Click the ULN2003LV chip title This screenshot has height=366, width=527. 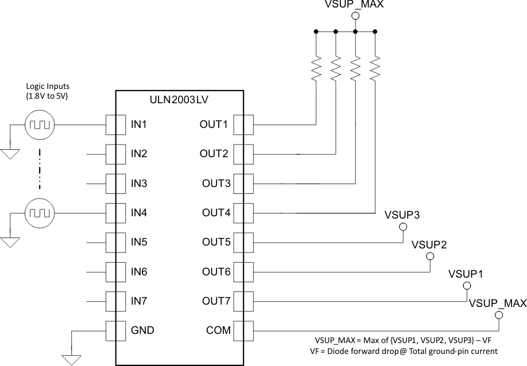(x=179, y=99)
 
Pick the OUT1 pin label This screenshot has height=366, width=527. (x=214, y=123)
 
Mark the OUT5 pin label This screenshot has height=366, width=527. (x=215, y=242)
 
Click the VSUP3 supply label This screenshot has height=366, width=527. (x=402, y=215)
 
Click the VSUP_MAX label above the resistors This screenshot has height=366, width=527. (x=354, y=5)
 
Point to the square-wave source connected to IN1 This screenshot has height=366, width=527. (x=40, y=124)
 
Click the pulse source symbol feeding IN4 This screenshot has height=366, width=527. (x=40, y=213)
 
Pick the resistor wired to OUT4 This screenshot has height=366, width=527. (x=375, y=68)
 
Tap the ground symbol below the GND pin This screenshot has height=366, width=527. (x=72, y=360)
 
